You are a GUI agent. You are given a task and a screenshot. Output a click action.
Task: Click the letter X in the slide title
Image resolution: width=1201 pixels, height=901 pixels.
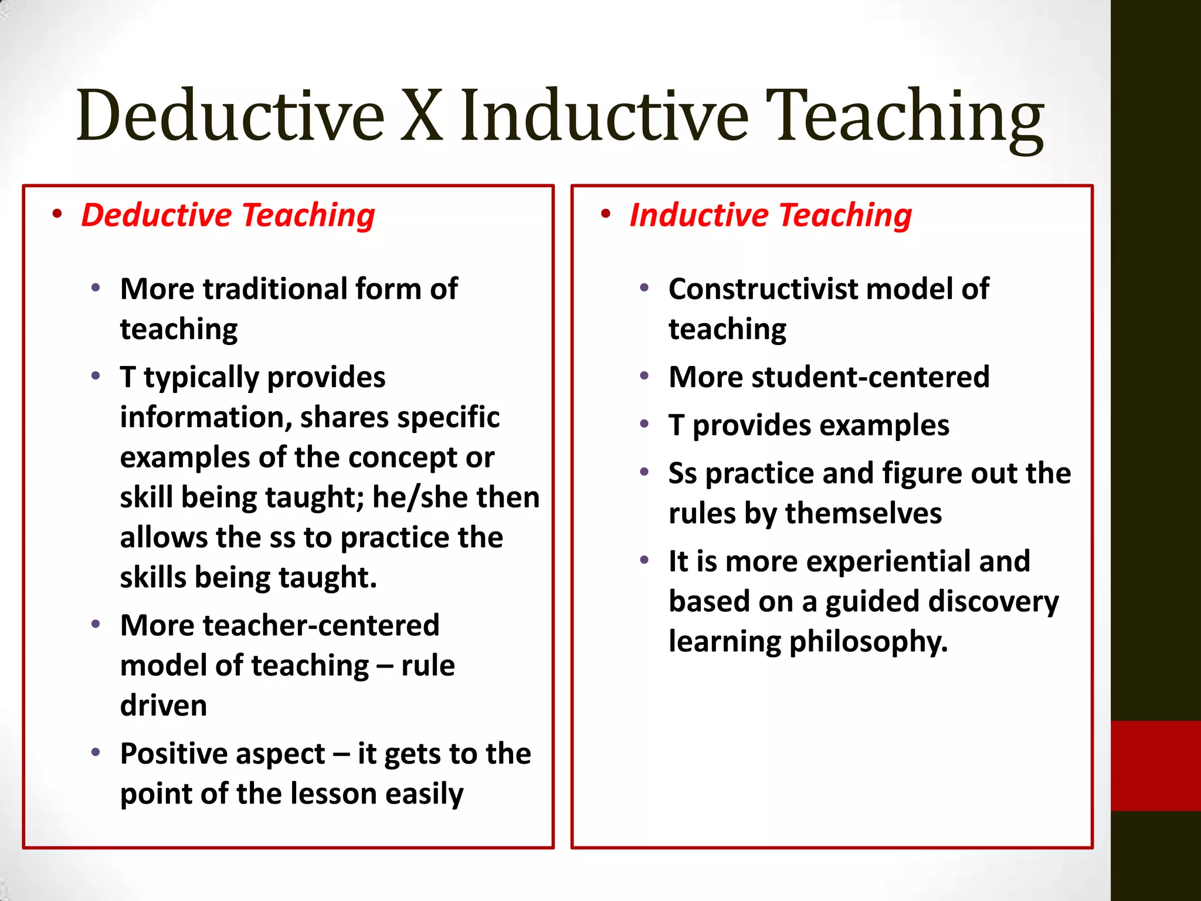click(x=421, y=116)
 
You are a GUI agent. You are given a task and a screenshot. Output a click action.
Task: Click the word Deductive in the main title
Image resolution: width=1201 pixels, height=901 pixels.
click(x=230, y=116)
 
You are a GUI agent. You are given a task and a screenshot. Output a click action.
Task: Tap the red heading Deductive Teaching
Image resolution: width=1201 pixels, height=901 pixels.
click(x=228, y=215)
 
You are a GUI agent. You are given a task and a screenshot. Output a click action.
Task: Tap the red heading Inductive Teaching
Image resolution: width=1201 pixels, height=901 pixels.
click(x=771, y=215)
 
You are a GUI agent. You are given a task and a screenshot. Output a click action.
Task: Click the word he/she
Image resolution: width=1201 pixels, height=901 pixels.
click(x=420, y=497)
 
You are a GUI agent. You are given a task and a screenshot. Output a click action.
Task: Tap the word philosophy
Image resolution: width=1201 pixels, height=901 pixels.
click(x=867, y=642)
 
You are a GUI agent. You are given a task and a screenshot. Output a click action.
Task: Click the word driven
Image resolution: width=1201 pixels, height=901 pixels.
click(x=164, y=706)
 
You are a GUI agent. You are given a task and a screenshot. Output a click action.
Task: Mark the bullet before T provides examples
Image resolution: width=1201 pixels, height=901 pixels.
click(x=644, y=424)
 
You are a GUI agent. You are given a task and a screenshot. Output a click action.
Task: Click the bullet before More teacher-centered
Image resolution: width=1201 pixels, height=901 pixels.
click(x=96, y=624)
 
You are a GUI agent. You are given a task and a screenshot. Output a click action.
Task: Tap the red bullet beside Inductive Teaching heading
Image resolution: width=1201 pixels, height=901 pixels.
click(x=605, y=214)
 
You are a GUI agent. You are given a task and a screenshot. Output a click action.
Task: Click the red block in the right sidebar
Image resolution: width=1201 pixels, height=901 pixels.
click(x=1155, y=765)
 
